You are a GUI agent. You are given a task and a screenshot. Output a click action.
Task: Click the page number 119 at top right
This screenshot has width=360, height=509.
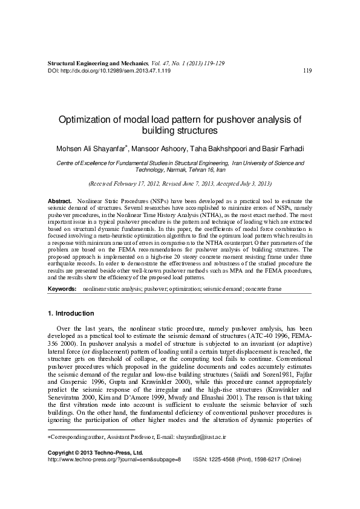[x=307, y=71]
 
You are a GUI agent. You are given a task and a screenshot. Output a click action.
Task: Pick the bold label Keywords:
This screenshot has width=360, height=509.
[x=62, y=290]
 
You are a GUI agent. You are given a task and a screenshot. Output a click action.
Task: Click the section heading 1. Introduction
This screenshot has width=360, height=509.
[x=70, y=314]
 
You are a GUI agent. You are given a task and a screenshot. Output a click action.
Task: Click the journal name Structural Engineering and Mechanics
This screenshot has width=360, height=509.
[x=97, y=63]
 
